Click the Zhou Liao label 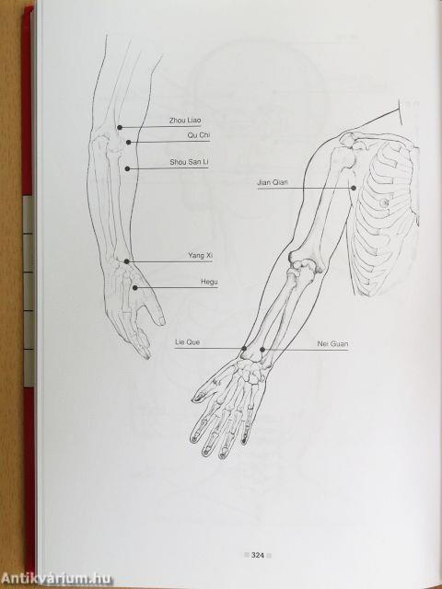tap(185, 121)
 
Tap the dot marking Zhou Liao tap(120, 128)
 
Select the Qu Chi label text tap(199, 135)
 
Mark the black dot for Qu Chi tap(129, 143)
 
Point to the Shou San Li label tap(189, 162)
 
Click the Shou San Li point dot tap(127, 169)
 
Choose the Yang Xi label tap(201, 256)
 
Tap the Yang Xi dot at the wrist tap(127, 261)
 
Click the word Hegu tap(209, 282)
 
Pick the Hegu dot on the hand tap(135, 288)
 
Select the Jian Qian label tap(273, 182)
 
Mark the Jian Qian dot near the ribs tap(354, 188)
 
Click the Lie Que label tap(188, 342)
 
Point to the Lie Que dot tap(244, 349)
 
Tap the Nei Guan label tap(332, 343)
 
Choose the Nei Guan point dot tap(262, 350)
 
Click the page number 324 tap(258, 555)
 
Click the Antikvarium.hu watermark tap(57, 579)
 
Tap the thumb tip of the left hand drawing tap(162, 321)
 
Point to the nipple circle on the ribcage tap(383, 203)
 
